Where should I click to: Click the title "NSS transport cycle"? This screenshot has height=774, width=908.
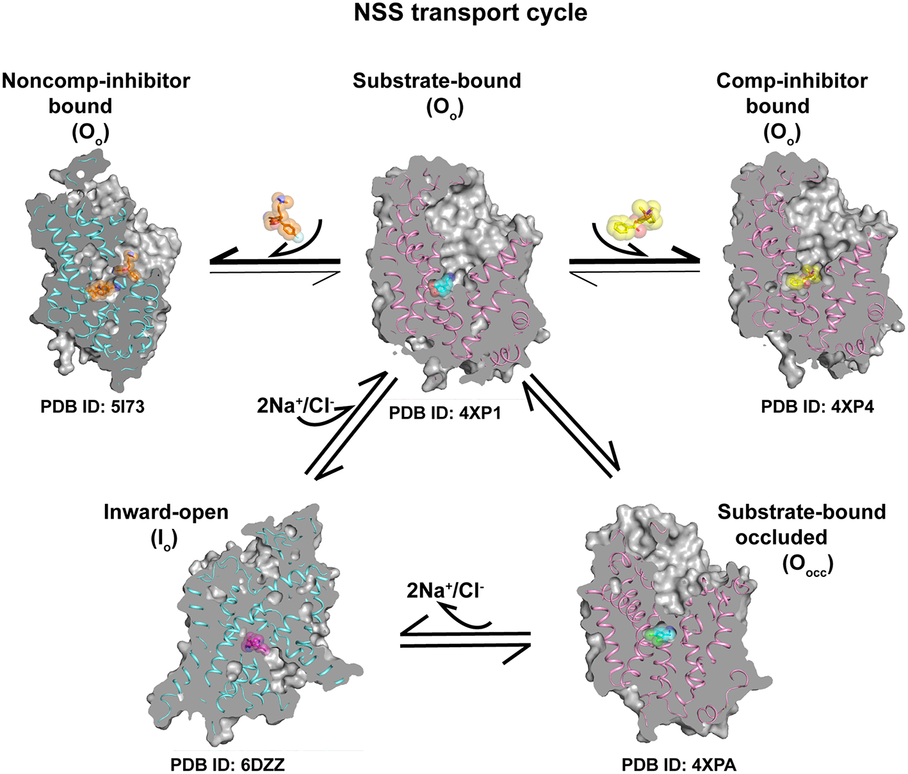click(x=471, y=13)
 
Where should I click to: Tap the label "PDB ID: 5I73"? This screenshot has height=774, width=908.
click(x=92, y=407)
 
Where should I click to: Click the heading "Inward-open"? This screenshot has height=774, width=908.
click(x=166, y=512)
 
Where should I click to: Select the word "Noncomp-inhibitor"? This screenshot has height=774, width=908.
click(x=96, y=81)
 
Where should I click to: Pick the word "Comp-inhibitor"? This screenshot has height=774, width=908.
click(x=792, y=81)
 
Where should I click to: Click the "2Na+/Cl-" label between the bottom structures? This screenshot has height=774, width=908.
click(x=445, y=591)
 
